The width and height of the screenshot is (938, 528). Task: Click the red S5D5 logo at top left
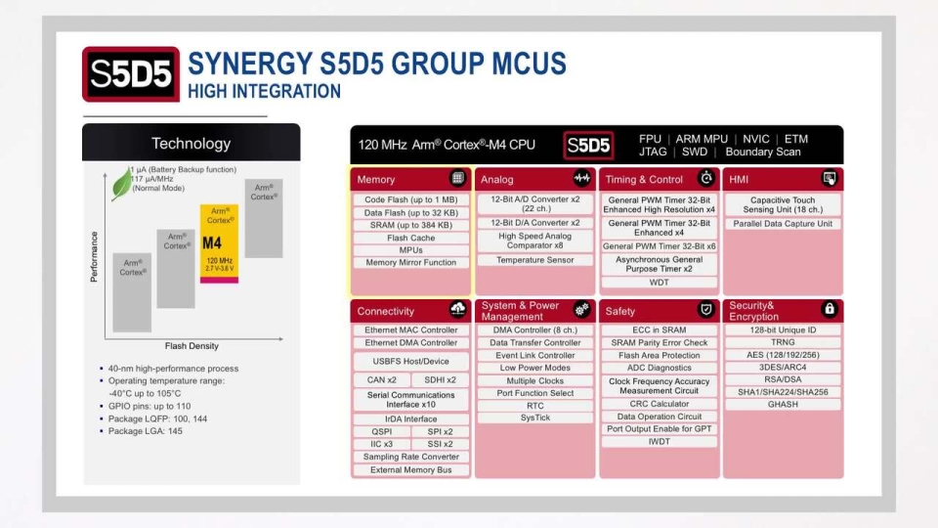point(131,74)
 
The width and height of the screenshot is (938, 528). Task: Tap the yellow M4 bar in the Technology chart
point(219,243)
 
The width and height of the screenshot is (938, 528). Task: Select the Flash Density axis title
point(191,346)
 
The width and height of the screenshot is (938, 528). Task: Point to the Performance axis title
point(95,256)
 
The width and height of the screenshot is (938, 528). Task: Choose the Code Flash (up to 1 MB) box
point(410,199)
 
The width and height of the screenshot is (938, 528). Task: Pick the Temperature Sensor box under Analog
point(534,260)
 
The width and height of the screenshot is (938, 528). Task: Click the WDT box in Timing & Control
point(659,283)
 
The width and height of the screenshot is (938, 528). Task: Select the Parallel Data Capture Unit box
point(783,224)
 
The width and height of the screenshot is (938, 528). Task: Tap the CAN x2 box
point(381,380)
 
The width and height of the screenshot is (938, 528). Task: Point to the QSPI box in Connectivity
point(381,431)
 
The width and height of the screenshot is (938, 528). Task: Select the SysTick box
point(534,418)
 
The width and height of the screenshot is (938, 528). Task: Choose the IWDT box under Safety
point(659,442)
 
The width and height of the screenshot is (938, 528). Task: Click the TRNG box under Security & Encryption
point(783,343)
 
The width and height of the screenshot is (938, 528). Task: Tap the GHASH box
point(783,404)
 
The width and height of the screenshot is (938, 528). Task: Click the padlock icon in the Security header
point(830,310)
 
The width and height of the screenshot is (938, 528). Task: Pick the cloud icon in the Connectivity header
point(457,310)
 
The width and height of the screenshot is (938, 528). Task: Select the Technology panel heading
point(191,144)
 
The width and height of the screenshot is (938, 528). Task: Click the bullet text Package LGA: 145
point(146,431)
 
